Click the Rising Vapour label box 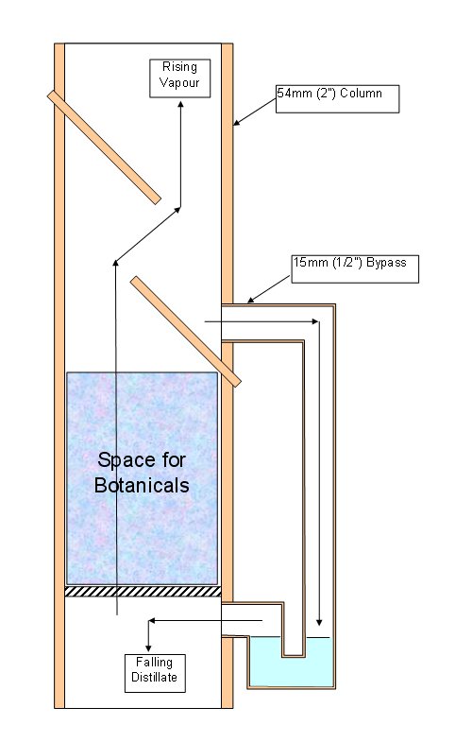click(x=179, y=78)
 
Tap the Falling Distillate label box click(x=155, y=673)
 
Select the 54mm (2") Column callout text click(x=329, y=93)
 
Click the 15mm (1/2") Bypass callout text click(x=349, y=262)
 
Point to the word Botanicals click(x=142, y=485)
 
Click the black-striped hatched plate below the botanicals click(x=143, y=591)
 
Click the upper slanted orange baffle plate click(x=104, y=147)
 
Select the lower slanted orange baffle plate click(x=186, y=331)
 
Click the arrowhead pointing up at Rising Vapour click(x=180, y=104)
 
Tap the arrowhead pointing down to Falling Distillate click(x=148, y=647)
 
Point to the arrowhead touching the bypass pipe click(x=251, y=300)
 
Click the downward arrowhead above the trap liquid click(x=319, y=622)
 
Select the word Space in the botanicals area click(x=121, y=460)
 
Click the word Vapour click(x=179, y=82)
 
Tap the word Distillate click(x=155, y=677)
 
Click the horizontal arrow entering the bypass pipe click(x=261, y=321)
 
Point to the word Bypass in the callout click(x=386, y=263)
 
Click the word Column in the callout click(x=361, y=93)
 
